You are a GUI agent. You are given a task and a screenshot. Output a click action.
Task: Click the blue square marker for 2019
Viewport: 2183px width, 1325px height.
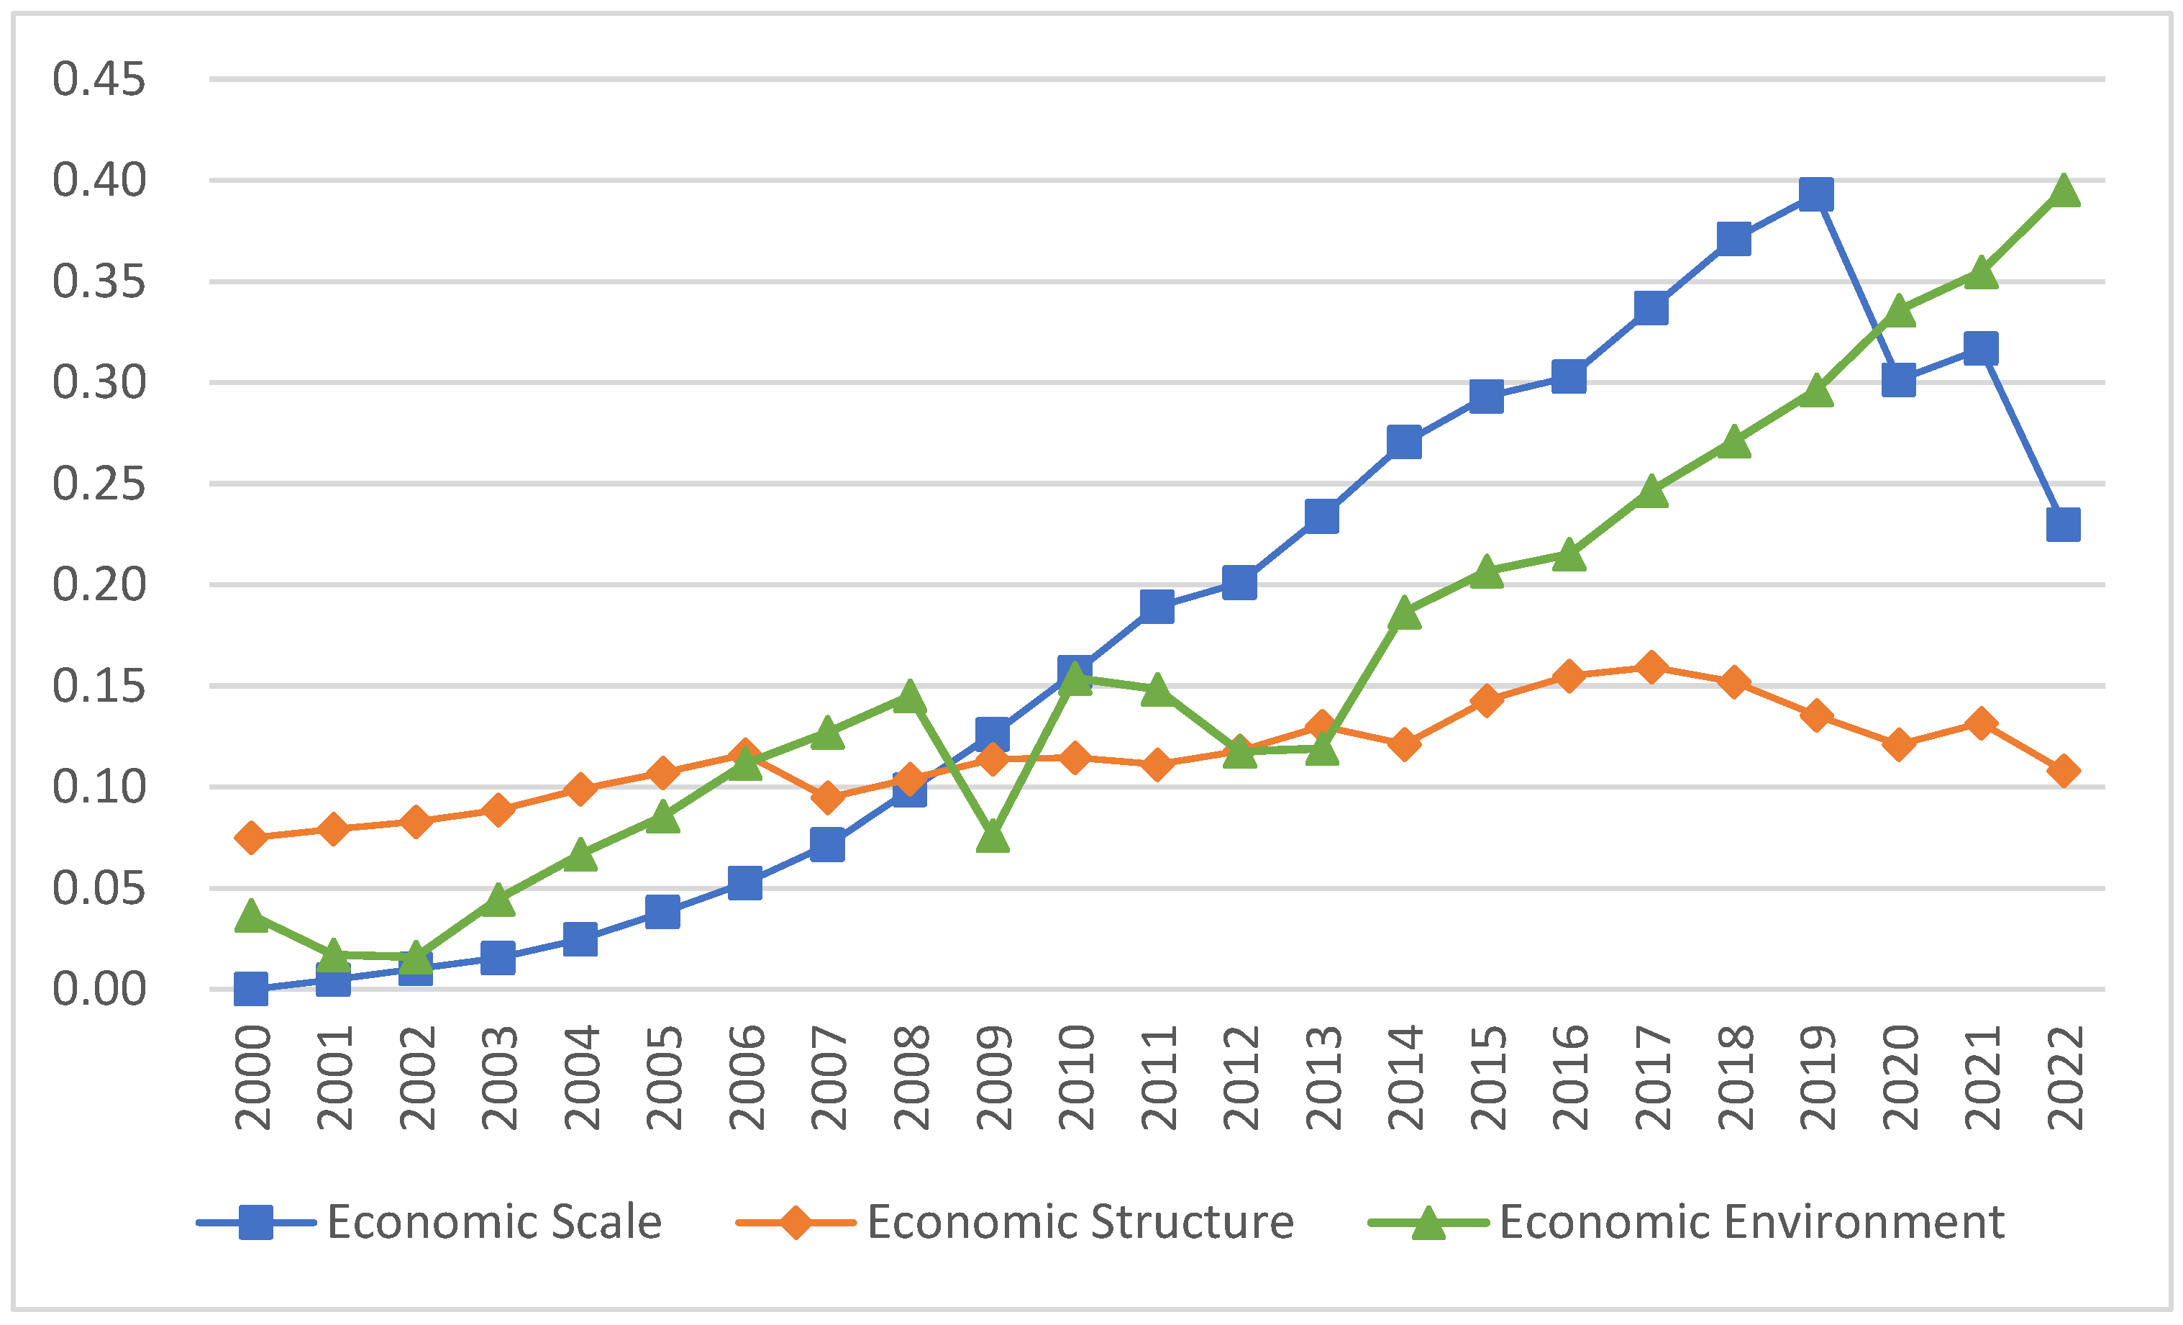coord(1816,194)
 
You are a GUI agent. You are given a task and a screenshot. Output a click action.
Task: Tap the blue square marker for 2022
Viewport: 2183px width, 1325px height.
coord(2064,525)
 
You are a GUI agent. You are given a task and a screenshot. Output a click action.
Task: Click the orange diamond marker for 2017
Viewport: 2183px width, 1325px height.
coord(1651,666)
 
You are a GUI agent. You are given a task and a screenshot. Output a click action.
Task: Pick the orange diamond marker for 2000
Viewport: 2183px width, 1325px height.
coord(251,838)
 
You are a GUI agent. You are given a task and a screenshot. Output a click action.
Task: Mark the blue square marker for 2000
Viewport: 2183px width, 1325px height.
coord(251,988)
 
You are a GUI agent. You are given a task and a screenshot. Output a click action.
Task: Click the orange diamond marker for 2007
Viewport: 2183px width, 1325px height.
coord(827,797)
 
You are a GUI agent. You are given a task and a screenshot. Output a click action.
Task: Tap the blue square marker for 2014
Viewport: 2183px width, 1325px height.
coord(1404,441)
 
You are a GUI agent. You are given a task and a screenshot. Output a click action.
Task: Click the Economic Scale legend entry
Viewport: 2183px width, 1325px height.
coord(493,1222)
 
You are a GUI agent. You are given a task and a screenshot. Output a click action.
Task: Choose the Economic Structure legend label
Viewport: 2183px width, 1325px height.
coord(1080,1222)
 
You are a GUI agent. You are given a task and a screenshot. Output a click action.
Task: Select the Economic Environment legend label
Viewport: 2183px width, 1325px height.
coord(1751,1222)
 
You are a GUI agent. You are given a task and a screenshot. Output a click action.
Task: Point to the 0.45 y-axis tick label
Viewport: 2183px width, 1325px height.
coord(99,80)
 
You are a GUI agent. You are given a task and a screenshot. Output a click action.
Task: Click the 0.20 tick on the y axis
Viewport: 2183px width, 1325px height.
coord(99,585)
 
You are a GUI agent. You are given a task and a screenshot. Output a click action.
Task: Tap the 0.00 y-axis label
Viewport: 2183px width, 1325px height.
coord(99,989)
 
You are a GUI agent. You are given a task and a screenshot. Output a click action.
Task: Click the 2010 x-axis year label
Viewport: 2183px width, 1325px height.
coord(1075,1077)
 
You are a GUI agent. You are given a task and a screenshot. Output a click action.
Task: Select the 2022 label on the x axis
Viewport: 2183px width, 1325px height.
coord(2064,1077)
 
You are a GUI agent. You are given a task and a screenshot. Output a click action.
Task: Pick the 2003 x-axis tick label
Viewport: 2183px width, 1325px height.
coord(498,1077)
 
